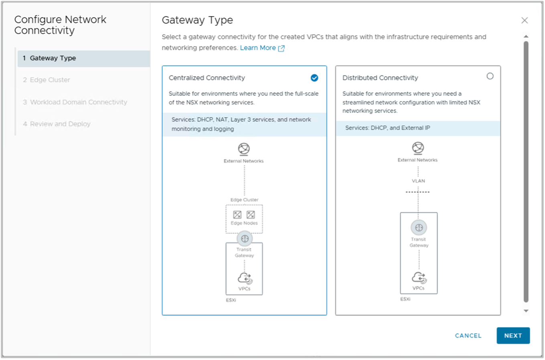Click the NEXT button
click(x=513, y=336)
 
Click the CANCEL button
click(x=468, y=336)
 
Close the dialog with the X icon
click(x=524, y=20)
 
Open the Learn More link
click(x=258, y=48)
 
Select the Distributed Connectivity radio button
click(x=490, y=76)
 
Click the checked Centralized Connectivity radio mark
click(x=314, y=78)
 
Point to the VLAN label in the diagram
click(x=418, y=181)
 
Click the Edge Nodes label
click(x=244, y=223)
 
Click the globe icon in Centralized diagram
click(x=244, y=149)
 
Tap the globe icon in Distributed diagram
click(x=418, y=148)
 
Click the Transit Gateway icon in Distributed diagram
click(x=419, y=228)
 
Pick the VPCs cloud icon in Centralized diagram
click(x=245, y=278)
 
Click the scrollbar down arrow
click(x=526, y=311)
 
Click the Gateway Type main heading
click(x=197, y=20)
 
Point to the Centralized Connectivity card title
click(x=207, y=78)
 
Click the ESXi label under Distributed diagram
click(x=405, y=299)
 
